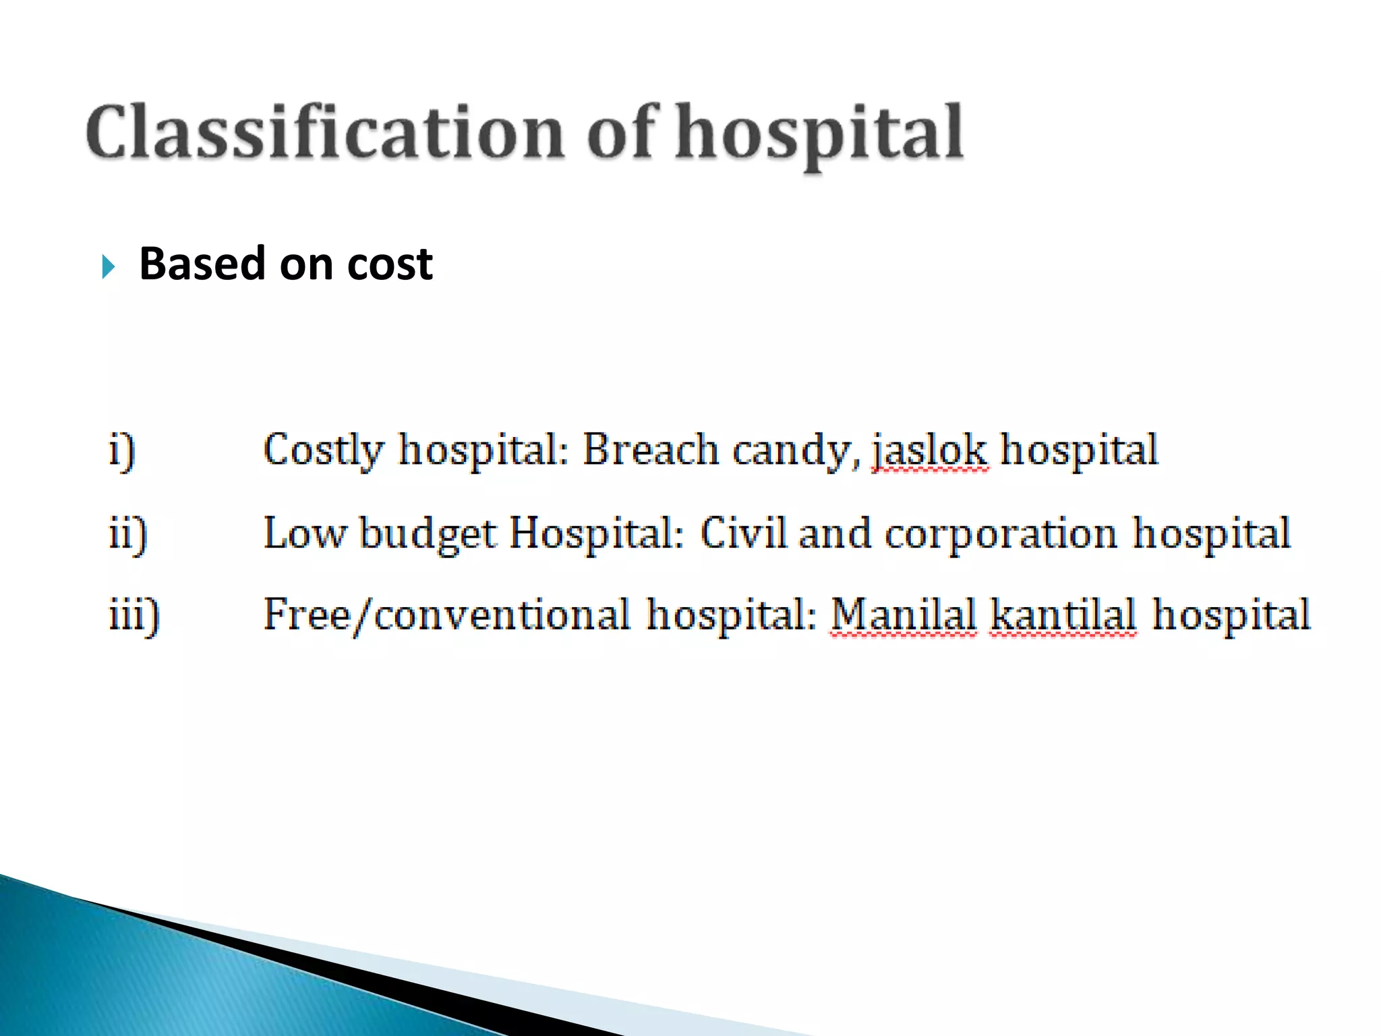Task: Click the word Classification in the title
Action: point(324,132)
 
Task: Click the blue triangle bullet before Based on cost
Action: point(109,266)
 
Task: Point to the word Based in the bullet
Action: point(202,264)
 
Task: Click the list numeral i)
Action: point(122,451)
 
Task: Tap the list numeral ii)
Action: point(128,534)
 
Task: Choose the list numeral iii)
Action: point(134,615)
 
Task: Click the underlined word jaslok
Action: point(930,451)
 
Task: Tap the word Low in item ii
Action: point(304,534)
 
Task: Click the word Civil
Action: point(743,533)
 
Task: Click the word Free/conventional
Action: point(446,615)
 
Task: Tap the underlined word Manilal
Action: point(903,615)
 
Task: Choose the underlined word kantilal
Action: point(1063,615)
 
